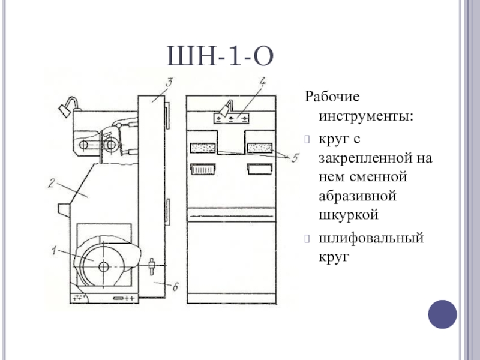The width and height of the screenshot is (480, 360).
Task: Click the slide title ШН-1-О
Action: click(221, 58)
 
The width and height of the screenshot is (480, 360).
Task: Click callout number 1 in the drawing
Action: click(55, 252)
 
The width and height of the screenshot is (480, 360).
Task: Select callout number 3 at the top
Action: click(170, 83)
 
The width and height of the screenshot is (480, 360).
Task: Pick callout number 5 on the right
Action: click(293, 158)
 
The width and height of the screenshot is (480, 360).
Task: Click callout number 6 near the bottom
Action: click(175, 286)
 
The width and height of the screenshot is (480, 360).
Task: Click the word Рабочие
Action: click(332, 96)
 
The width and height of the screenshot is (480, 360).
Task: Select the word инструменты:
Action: click(362, 113)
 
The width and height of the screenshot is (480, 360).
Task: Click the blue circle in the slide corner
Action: click(443, 313)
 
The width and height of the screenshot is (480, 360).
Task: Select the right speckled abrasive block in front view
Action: click(260, 148)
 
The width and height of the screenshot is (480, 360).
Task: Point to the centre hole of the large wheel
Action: click(103, 266)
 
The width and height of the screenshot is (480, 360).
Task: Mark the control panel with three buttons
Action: click(232, 118)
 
